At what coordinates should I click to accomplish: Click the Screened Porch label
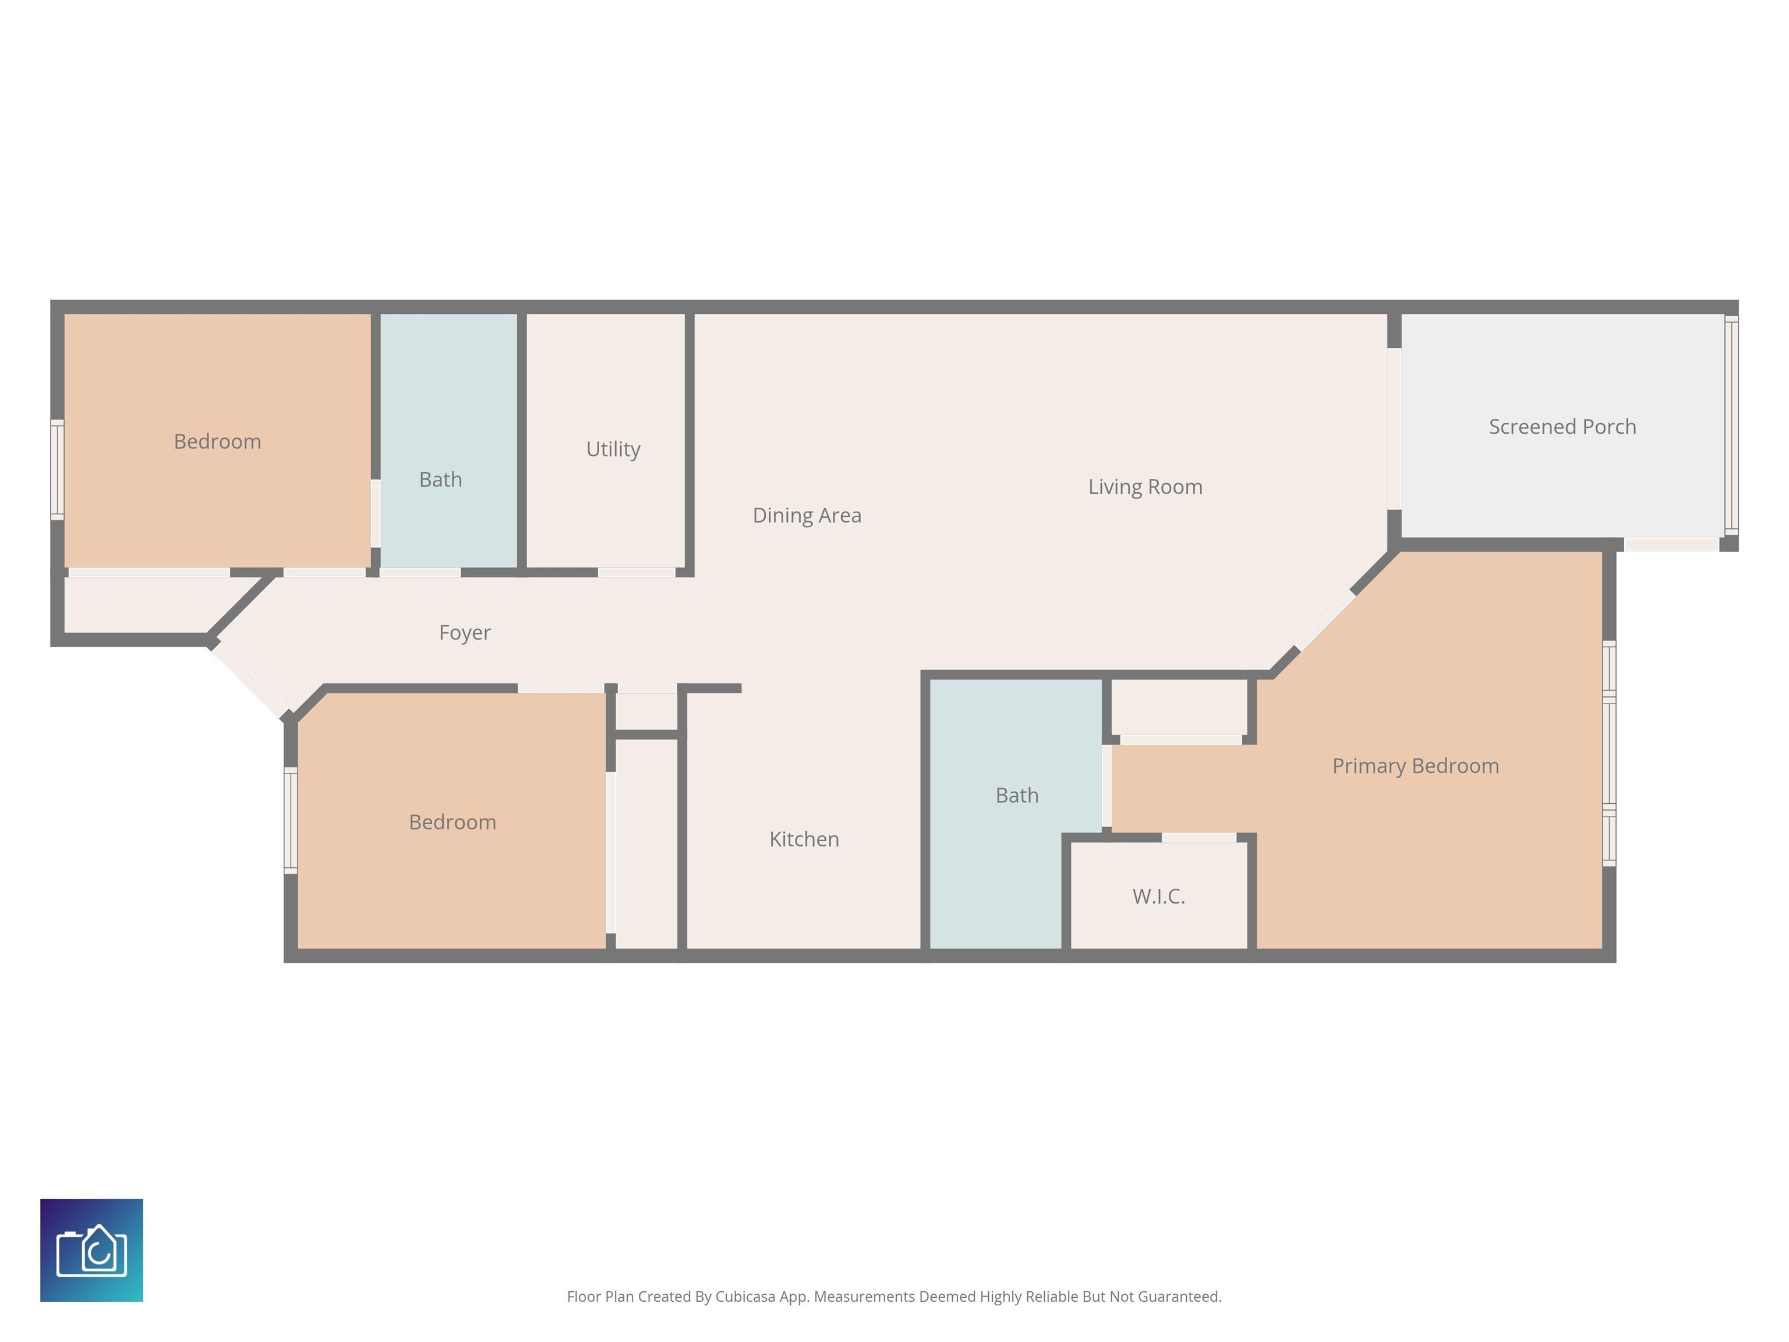click(1562, 426)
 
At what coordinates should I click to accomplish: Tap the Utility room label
click(613, 449)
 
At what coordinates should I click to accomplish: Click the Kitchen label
click(804, 839)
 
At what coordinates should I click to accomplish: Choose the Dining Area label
click(807, 515)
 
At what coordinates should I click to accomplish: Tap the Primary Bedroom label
click(1415, 766)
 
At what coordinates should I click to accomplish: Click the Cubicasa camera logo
click(91, 1250)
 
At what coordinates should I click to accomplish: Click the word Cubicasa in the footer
click(745, 1297)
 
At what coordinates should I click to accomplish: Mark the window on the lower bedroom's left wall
click(291, 820)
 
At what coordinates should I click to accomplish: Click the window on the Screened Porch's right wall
click(1731, 426)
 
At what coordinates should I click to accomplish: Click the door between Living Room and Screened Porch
click(1394, 429)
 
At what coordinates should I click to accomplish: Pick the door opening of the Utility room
click(637, 573)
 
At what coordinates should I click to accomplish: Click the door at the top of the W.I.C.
click(1198, 837)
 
